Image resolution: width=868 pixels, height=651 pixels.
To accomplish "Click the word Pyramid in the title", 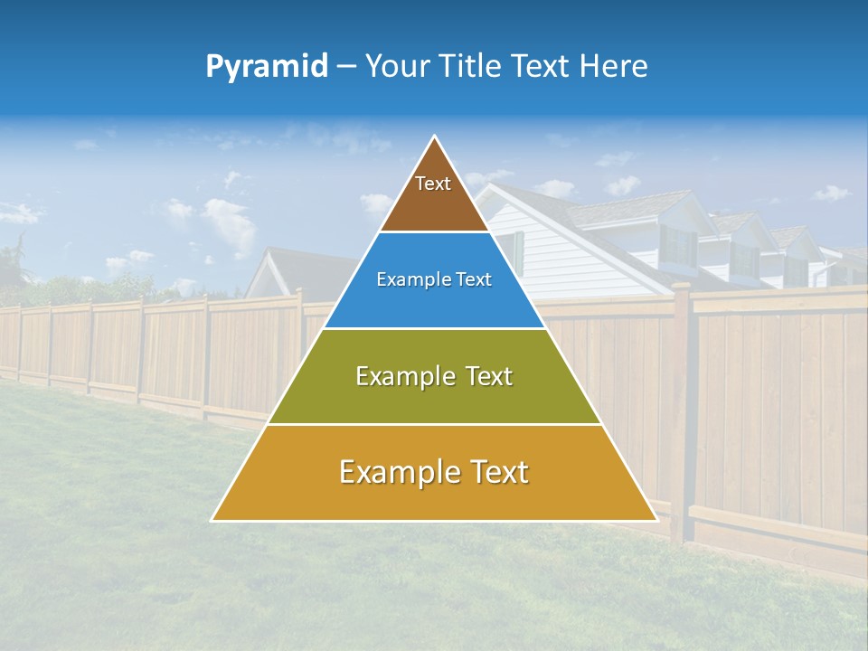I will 267,66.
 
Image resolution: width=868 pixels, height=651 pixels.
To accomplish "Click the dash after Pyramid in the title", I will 345,67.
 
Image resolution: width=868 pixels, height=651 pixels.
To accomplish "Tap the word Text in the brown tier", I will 433,184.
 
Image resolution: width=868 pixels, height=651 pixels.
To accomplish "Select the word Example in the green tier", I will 402,376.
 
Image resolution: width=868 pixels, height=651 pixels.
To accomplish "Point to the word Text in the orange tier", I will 495,472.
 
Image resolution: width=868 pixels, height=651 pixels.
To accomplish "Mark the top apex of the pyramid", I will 435,137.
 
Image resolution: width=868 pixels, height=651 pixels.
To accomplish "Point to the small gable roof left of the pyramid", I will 271,271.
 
